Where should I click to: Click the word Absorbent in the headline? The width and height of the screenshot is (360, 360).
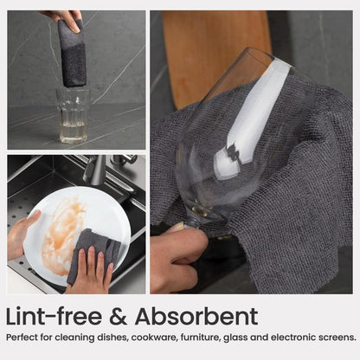pos(196,317)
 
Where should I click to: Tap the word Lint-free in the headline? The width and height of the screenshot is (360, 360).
pos(54,317)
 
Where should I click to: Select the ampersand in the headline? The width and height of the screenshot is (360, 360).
pos(118,317)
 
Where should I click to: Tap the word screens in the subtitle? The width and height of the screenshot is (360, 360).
pos(337,337)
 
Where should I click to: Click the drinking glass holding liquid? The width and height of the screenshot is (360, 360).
pos(74,116)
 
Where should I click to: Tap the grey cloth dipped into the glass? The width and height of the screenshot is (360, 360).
pos(72,54)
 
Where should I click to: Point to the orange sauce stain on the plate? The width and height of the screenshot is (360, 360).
pos(61,234)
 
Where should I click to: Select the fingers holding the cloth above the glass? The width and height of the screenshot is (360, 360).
pos(66,20)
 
